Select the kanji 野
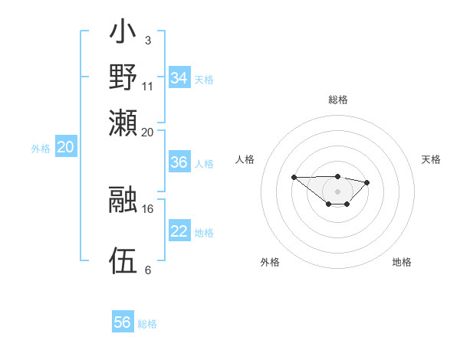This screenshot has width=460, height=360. (123, 77)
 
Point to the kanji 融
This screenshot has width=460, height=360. (123, 199)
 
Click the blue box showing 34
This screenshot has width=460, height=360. (179, 78)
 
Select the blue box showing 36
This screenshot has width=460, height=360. (179, 162)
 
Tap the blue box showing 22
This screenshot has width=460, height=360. (179, 231)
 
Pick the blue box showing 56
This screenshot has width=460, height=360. (123, 322)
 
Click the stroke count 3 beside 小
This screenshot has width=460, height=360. (147, 40)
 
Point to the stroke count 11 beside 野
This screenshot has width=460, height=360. (148, 86)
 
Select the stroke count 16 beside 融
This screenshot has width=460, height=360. (148, 208)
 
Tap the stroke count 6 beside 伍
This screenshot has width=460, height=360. (147, 270)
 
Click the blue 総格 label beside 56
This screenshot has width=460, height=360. (147, 324)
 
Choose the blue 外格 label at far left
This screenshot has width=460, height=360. (41, 149)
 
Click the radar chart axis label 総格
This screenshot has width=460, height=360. (337, 100)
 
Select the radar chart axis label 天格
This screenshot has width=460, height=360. (431, 159)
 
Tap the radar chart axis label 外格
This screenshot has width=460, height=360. (270, 262)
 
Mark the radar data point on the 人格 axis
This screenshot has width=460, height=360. (294, 177)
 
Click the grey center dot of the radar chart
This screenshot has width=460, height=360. (337, 191)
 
